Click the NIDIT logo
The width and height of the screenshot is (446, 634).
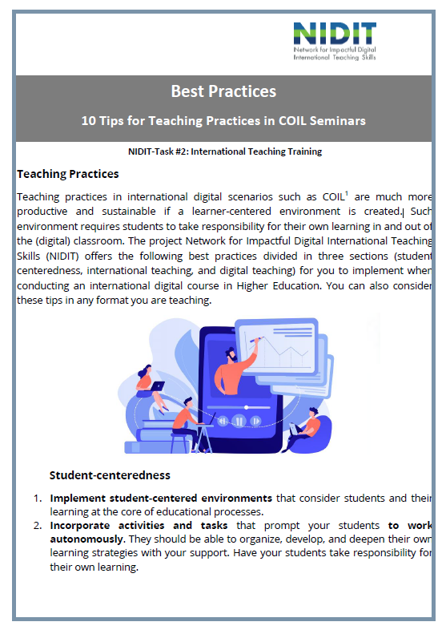point(335,41)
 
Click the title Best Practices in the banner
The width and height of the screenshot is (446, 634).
point(223,91)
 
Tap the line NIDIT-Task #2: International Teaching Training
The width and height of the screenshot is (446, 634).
point(225,151)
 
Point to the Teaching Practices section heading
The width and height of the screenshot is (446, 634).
point(68,174)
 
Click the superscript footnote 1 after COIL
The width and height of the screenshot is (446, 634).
point(347,193)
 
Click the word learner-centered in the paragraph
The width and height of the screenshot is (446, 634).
point(231,212)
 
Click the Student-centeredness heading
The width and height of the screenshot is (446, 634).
point(110,475)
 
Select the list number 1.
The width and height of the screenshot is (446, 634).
point(38,499)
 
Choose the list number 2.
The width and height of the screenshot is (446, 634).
point(38,526)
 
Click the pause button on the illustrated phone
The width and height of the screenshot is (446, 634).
point(239,422)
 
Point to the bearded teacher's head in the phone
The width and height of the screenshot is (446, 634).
point(231,356)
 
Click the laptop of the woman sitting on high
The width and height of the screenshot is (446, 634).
point(158,386)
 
